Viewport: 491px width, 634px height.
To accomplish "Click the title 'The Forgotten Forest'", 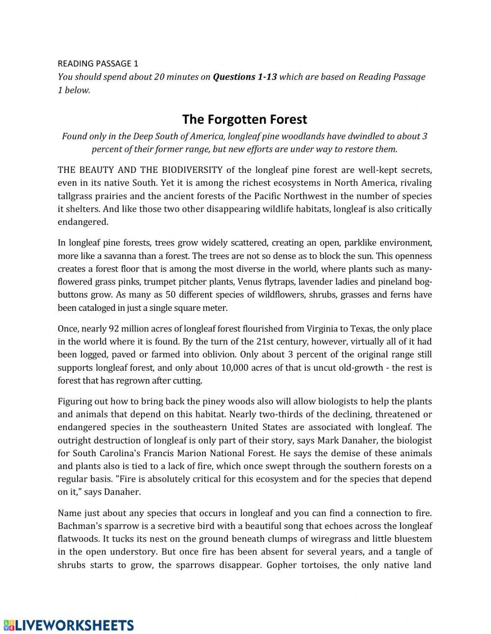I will click(x=245, y=119).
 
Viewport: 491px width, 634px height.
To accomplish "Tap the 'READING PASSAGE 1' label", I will click(x=98, y=63).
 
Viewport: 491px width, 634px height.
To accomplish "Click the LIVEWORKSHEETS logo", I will click(x=69, y=625).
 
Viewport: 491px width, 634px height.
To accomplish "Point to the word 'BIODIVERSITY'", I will click(x=192, y=170).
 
